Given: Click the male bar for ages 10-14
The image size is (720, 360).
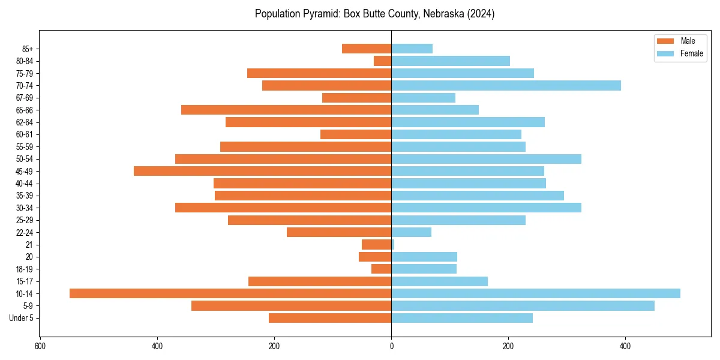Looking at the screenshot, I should point(230,293).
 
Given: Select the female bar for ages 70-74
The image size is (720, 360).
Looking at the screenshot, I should point(506,86).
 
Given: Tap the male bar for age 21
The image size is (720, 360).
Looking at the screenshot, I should point(377,244).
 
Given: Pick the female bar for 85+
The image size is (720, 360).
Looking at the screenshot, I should point(412,49).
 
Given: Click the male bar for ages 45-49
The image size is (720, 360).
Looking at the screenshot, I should point(262,171).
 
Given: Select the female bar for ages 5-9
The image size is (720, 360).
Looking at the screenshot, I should point(523,305).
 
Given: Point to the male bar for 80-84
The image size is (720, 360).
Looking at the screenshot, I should point(383,61).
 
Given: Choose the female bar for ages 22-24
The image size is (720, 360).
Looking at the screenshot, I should point(411,232).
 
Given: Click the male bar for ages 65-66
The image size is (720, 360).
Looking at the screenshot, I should point(286,110).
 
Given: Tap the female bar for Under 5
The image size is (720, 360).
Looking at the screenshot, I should point(462,318).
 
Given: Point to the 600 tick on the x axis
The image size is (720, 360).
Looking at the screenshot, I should point(40,347).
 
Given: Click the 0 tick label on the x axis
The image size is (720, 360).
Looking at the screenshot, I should point(391,347).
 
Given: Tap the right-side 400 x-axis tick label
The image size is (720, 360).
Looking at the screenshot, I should point(625,347).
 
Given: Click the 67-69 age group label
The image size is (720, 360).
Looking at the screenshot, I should point(25,98).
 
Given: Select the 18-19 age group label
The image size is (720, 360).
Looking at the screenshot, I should point(25,269).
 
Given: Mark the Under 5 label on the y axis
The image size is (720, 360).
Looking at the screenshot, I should point(22,318).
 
